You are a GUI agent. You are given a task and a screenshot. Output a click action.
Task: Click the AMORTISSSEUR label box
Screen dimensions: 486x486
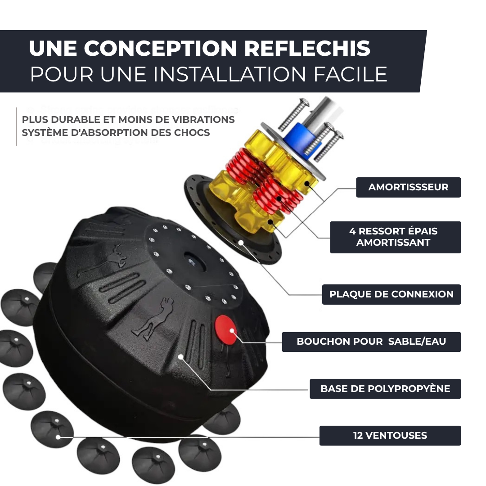point(408,187)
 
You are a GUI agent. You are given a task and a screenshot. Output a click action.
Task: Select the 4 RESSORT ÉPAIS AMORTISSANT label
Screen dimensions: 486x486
point(395,237)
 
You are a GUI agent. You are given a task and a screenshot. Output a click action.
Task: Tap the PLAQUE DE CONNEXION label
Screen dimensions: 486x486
point(391,294)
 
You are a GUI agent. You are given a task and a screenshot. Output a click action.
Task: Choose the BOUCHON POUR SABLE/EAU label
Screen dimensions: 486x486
point(371,342)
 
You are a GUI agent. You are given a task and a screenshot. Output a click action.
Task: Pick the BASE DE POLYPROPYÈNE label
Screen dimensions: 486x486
point(385,389)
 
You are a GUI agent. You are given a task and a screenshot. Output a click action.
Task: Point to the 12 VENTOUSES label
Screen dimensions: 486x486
point(390,436)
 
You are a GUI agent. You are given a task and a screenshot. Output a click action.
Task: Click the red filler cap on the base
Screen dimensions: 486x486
point(226,329)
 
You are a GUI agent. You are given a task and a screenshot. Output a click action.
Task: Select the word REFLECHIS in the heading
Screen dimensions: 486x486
point(307,49)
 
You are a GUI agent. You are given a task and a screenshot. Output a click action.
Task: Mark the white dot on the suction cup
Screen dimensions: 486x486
point(58,436)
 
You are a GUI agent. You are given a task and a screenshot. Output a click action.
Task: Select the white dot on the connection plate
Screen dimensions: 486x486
point(242,243)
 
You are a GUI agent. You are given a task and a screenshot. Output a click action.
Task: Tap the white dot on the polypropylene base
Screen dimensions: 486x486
point(180,357)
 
